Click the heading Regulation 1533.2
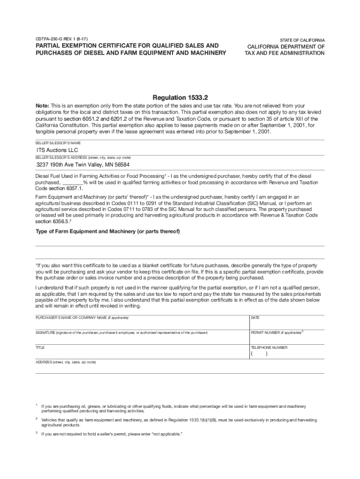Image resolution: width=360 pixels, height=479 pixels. pos(180,97)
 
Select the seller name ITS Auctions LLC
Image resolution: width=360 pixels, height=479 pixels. pos(58,150)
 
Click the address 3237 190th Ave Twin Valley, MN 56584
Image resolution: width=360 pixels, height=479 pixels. pos(83,165)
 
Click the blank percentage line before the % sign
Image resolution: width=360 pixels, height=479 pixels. pos(72,182)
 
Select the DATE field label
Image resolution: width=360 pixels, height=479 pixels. pos(255,318)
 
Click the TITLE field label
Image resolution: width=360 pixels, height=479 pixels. pos(40,348)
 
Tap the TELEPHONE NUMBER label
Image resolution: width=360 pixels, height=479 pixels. pos(269,348)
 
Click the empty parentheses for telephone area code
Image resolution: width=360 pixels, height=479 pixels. pos(259,354)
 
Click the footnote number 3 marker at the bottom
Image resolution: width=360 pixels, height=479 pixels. pos(37,433)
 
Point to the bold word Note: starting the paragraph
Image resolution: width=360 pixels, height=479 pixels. pos(44,106)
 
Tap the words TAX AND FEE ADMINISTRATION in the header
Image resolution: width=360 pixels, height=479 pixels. pos(284,53)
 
